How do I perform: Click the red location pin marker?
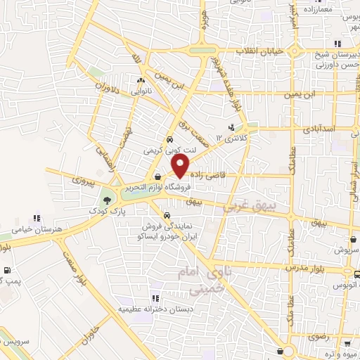(181, 166)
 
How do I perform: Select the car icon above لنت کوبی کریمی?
(169, 139)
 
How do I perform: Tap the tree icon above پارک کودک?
(106, 200)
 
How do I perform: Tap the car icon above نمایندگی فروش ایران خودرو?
(167, 216)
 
